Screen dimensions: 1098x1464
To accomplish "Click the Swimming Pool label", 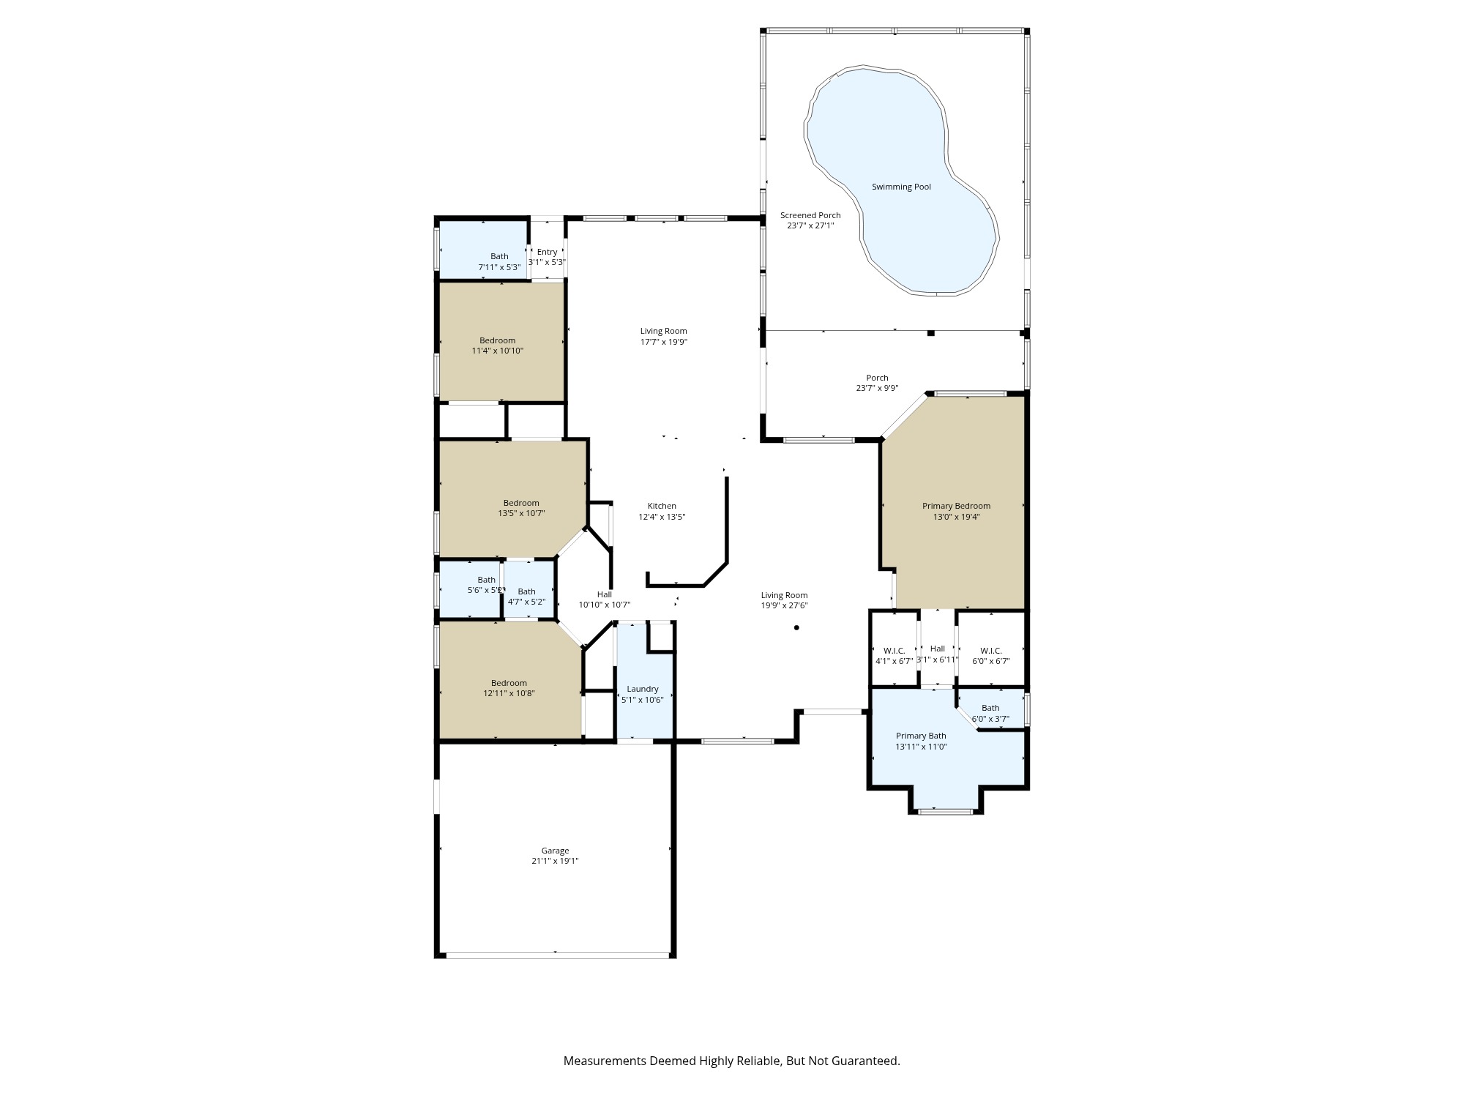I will coord(901,187).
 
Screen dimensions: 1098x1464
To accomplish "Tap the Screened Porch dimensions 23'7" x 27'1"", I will coord(810,225).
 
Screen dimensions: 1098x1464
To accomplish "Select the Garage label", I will coord(555,851).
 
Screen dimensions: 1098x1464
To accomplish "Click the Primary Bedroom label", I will coord(956,506).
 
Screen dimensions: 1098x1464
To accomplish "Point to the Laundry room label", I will coord(643,689).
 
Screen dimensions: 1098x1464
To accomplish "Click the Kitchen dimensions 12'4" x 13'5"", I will coord(662,517).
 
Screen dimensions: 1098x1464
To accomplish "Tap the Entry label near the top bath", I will coord(547,252).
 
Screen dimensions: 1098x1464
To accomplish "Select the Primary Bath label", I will coord(921,736).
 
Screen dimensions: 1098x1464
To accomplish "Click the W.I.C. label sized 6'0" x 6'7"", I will coord(990,651).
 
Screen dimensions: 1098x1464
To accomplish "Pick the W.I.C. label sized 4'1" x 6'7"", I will coord(894,651).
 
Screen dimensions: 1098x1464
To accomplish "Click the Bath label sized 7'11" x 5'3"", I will coord(499,256).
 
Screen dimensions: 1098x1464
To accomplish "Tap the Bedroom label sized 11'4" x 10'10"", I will coord(497,340).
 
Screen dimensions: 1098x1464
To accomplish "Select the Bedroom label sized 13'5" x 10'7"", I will coord(521,503).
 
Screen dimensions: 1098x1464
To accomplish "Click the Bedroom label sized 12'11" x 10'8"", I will coord(509,683).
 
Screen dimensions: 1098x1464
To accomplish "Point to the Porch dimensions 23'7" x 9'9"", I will coord(877,389).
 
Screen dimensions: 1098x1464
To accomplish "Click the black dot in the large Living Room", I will coord(796,627).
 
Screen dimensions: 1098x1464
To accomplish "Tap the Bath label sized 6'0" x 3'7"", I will coord(990,708).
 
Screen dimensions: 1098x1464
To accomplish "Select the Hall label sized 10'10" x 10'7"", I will coord(604,594).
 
